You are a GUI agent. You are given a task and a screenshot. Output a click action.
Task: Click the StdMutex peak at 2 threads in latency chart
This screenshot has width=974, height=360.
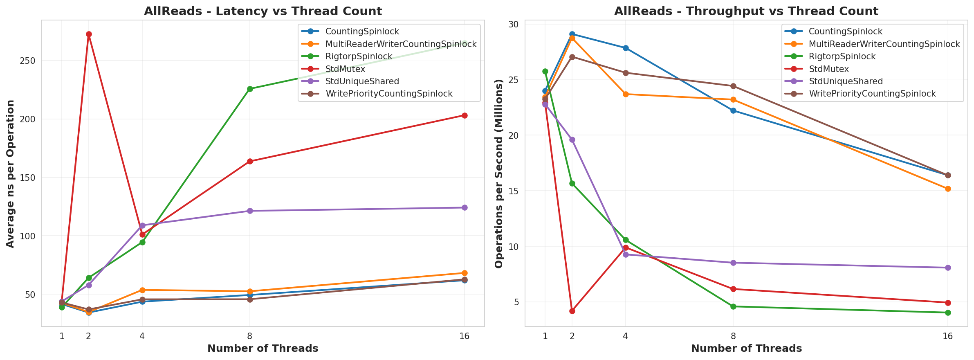pos(89,34)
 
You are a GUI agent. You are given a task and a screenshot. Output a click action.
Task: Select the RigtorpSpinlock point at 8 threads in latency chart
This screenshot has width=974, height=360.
pos(250,89)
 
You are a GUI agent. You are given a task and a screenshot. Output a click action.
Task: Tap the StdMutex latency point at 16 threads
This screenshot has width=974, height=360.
pos(465,115)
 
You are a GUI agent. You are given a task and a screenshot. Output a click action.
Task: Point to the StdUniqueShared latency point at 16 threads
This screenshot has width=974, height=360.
pos(465,207)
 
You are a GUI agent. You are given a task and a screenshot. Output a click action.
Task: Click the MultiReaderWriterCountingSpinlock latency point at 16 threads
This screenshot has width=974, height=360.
pos(465,273)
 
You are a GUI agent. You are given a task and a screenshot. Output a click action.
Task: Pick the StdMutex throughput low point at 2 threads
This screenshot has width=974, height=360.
pos(572,311)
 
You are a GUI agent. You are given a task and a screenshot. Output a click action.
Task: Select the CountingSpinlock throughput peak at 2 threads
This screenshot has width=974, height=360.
pos(572,34)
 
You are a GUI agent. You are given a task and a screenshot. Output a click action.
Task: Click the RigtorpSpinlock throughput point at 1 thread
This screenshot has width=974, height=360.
pos(545,71)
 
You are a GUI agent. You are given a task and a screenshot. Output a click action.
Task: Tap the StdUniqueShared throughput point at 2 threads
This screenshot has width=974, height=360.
pos(572,139)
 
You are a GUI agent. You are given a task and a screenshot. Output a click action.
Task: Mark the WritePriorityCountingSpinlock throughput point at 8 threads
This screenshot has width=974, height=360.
pos(733,86)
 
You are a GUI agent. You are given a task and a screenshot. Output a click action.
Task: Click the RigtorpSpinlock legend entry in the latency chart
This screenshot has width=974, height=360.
pos(359,56)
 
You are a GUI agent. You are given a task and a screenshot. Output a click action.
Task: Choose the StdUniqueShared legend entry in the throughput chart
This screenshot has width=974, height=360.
pos(846,81)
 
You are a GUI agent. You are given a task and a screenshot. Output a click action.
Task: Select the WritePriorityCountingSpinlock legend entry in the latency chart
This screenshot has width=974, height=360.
pos(389,94)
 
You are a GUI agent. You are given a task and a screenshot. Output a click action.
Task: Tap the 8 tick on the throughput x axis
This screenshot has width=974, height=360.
pos(733,336)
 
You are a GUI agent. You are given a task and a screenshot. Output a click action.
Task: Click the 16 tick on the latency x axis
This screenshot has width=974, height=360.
pos(465,336)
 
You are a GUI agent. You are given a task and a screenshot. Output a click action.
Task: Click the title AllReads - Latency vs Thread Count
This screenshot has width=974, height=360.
pos(263,11)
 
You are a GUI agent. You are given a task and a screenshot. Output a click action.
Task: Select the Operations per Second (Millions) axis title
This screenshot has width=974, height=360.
pos(499,173)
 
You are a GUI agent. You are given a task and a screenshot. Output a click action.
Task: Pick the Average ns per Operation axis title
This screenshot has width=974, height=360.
pos(11,173)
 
